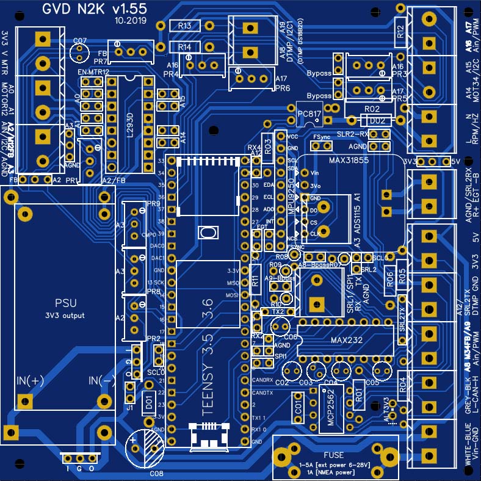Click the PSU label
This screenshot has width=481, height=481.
coord(66,303)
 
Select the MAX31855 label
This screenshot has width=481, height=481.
coord(350,161)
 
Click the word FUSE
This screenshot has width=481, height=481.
coord(335,455)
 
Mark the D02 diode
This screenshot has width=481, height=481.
coord(376,120)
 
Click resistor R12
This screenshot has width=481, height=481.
coord(400,32)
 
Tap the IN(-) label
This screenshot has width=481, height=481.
coord(102,381)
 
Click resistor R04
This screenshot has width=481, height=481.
coord(402,385)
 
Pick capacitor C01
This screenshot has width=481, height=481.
coord(298,407)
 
